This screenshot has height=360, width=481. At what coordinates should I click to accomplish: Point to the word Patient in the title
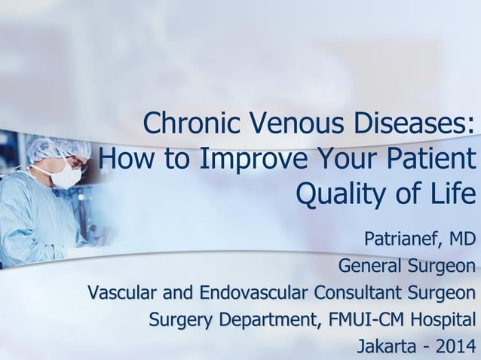[x=426, y=159]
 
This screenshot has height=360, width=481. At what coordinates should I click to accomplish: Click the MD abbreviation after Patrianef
[x=462, y=239]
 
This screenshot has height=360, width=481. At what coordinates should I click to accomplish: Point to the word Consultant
[x=358, y=292]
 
